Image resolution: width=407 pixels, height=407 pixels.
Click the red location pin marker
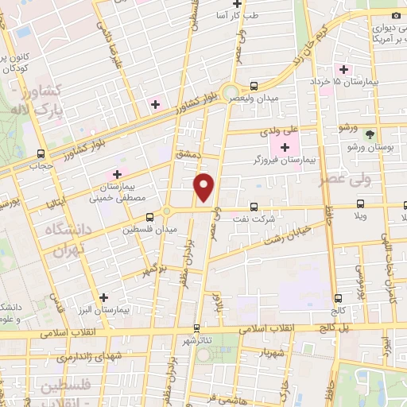coord(205,187)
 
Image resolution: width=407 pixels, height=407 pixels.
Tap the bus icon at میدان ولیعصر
coord(254,85)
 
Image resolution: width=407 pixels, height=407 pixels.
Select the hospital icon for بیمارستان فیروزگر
coord(285,147)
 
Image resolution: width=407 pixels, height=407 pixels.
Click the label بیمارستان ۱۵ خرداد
coord(373,82)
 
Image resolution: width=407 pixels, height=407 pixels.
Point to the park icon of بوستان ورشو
coord(368,134)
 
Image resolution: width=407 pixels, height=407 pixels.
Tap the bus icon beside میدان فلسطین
coord(149,215)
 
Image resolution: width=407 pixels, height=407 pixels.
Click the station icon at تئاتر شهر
coord(197,327)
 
